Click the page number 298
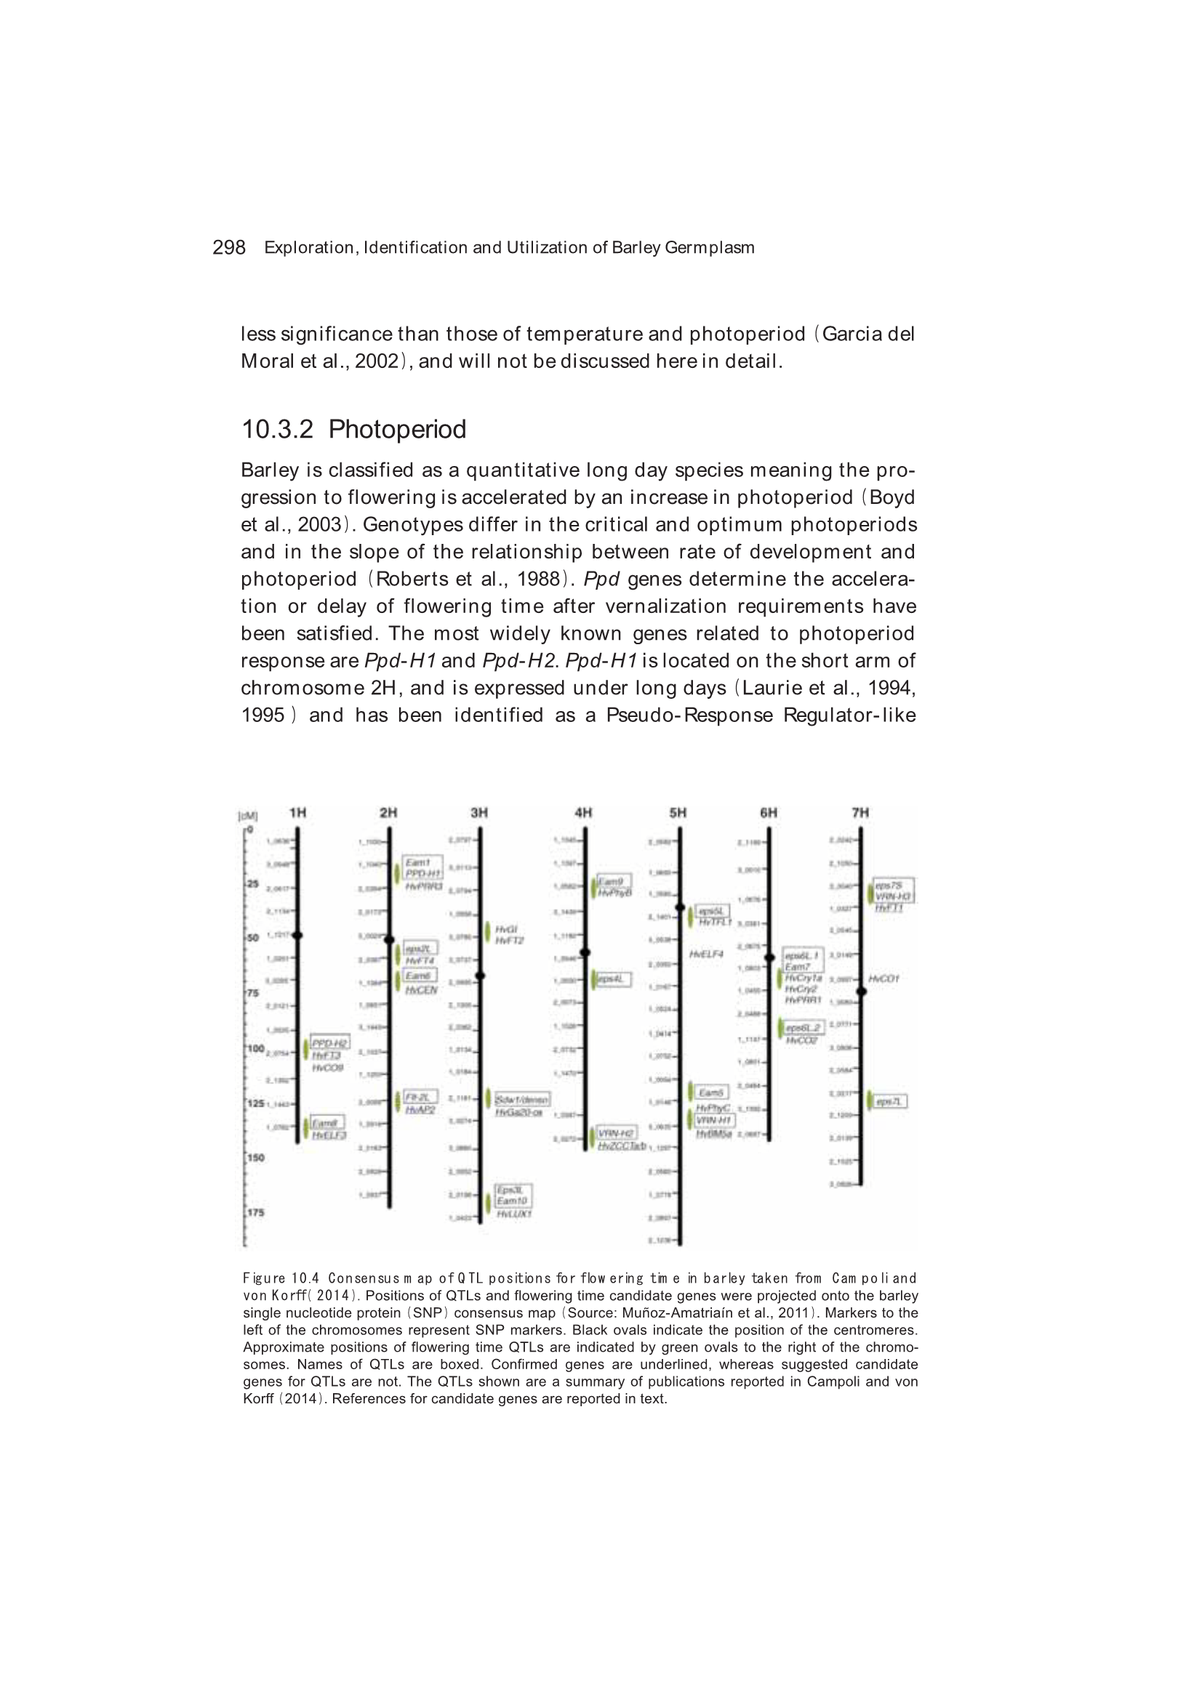tap(228, 247)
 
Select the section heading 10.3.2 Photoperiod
tap(353, 430)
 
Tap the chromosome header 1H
tap(297, 812)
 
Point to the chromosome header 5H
tap(678, 812)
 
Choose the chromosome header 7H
tap(860, 812)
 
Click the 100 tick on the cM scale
tap(255, 1049)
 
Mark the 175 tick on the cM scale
tap(255, 1213)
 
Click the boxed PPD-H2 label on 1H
tap(329, 1043)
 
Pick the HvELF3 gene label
tap(329, 1136)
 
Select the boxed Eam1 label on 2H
tap(417, 862)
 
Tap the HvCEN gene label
tap(422, 990)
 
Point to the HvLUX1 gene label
tap(514, 1214)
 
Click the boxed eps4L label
tap(611, 979)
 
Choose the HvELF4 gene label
tap(706, 955)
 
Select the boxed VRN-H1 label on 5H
tap(714, 1120)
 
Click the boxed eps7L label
tap(888, 1102)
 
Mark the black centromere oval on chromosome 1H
tap(297, 936)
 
